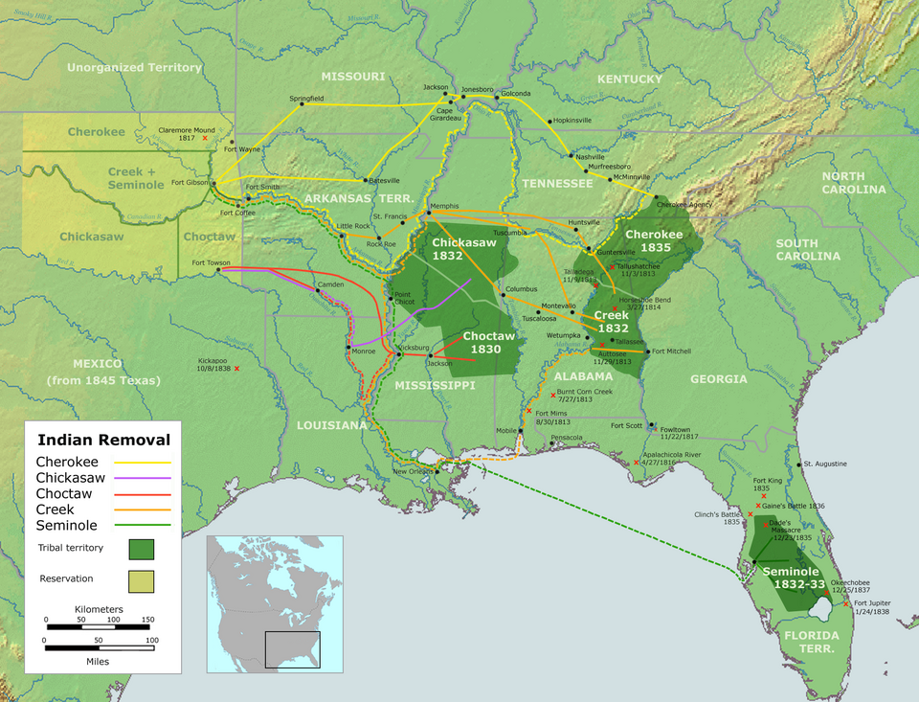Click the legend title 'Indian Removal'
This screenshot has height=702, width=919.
tap(103, 441)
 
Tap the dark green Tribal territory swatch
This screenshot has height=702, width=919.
tap(141, 549)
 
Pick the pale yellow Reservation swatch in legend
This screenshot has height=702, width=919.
tap(141, 580)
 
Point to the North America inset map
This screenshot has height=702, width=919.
tap(264, 601)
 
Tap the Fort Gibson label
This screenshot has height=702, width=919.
tap(191, 182)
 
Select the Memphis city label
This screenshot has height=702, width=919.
tap(444, 206)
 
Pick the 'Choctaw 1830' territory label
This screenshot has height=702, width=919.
tap(488, 343)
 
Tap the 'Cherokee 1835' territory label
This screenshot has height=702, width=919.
tap(654, 240)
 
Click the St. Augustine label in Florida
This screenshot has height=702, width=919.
tap(825, 464)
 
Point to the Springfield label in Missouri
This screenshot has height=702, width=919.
tap(306, 98)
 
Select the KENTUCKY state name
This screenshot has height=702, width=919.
tap(629, 79)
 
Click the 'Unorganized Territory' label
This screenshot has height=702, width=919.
tap(134, 68)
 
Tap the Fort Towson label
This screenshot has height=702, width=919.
tap(211, 261)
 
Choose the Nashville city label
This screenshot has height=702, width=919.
tap(590, 157)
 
